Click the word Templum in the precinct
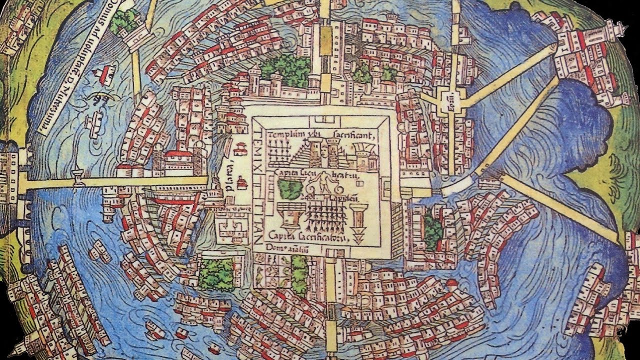283,135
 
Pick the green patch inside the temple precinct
289,189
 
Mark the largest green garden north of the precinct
285,70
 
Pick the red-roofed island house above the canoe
106,74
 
